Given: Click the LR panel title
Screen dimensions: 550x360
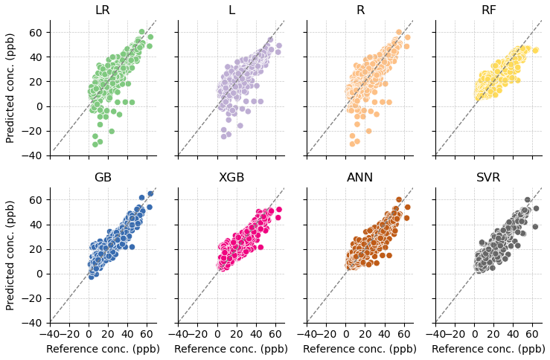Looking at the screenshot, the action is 103,10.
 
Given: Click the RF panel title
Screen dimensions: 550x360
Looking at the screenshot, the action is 489,10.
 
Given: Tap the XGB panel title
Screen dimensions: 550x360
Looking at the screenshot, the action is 231,177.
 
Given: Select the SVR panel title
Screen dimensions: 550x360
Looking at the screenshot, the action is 489,177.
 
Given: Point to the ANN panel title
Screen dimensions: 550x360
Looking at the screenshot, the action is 360,177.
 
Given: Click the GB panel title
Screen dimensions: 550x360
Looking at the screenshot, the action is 103,177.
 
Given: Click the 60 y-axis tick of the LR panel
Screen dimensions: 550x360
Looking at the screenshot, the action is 35,33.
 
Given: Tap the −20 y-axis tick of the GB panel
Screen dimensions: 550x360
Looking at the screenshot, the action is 32,299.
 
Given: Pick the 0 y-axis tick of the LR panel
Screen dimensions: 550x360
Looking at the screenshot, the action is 38,106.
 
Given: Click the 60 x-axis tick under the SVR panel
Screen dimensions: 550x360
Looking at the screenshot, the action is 532,334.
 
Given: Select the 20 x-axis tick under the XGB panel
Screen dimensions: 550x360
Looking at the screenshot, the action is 237,334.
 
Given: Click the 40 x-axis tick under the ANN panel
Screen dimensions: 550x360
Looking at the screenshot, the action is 385,334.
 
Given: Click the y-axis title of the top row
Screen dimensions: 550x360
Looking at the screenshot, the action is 10,89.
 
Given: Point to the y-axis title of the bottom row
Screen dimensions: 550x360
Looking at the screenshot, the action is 10,256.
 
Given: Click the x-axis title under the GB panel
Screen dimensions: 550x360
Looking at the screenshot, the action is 103,349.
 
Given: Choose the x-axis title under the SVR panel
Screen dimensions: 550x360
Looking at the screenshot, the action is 489,349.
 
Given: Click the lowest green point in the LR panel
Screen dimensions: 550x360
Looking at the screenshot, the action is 95,144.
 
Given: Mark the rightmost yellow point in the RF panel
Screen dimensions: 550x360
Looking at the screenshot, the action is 535,51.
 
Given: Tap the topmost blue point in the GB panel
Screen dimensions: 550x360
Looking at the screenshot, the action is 150,194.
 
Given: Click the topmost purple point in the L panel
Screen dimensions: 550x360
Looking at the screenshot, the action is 270,40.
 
